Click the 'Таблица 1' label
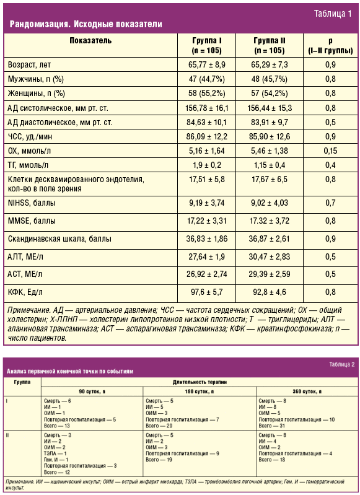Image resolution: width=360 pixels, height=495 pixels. pos(333,14)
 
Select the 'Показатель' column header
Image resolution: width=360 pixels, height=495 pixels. pos(90,40)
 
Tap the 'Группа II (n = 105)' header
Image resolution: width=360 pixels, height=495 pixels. pos(270,45)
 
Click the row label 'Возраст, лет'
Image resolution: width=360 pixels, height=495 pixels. pos(29,64)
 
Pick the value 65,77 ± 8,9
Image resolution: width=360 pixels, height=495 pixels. pos(207,64)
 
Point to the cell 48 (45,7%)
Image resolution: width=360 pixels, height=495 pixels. pos(270,79)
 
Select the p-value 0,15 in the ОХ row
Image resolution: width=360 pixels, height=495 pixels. pos(330,151)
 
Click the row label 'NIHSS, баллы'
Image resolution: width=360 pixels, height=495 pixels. pos(32,203)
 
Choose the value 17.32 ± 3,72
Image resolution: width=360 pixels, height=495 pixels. pos(270,221)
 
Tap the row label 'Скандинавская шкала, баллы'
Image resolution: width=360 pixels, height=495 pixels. pos(59,239)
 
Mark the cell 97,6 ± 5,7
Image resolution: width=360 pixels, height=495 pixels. pos(207,292)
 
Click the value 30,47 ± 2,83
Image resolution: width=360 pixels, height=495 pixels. pos(270,256)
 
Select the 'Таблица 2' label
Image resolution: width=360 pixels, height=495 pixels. pos(341,364)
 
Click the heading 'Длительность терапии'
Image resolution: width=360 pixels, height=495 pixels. pos(200,382)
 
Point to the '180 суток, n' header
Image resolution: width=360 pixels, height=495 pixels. pos(200,392)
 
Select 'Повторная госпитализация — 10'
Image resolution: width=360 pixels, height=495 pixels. pos(297,420)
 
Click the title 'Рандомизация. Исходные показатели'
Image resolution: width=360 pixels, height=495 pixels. pos(86,24)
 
